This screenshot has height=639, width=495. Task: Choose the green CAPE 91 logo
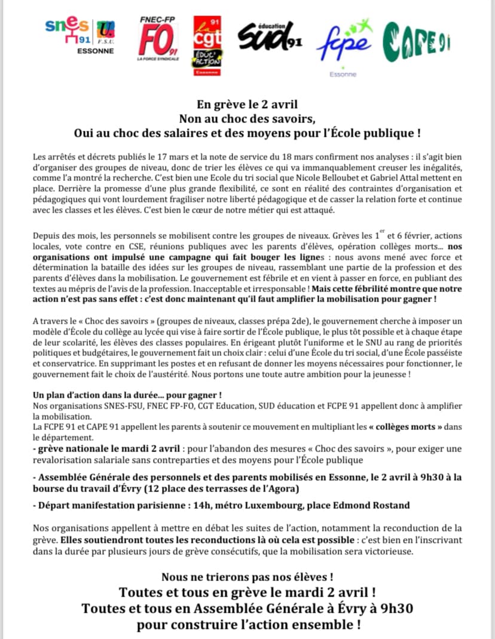coord(417,41)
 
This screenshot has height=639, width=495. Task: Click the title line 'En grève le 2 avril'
coord(247,103)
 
